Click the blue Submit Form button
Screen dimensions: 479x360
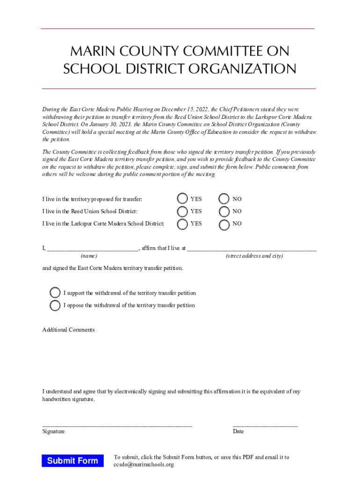click(x=72, y=461)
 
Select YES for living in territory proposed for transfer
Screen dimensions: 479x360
click(x=182, y=199)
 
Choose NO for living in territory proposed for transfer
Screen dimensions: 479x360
click(x=224, y=199)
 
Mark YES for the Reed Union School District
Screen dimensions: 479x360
click(x=182, y=211)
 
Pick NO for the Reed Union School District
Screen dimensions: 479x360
click(x=224, y=211)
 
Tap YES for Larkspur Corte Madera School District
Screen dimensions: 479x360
click(x=182, y=224)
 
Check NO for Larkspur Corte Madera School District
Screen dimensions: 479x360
click(x=224, y=224)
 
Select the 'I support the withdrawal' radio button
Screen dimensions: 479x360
click(x=55, y=293)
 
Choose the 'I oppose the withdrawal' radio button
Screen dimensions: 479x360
click(x=55, y=305)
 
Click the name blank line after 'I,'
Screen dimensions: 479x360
click(x=92, y=249)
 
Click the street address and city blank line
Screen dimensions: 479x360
click(x=252, y=249)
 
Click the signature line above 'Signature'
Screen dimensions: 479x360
click(x=117, y=425)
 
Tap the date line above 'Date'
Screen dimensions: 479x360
click(x=265, y=425)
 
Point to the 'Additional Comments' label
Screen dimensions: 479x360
click(x=68, y=330)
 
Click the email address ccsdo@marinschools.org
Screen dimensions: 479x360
click(x=144, y=464)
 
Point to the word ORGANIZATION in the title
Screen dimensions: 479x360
click(x=242, y=69)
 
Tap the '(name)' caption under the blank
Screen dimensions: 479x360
click(x=89, y=256)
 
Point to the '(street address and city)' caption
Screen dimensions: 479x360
click(x=254, y=256)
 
